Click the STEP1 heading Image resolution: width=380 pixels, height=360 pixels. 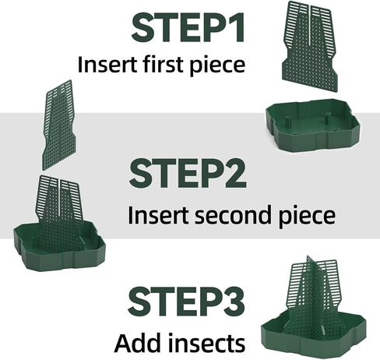[188, 27]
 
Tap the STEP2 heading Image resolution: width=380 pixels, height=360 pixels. [188, 173]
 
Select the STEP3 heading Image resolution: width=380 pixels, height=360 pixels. [186, 302]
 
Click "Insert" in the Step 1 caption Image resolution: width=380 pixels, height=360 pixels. [107, 64]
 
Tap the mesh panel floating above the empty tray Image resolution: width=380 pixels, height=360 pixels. [309, 47]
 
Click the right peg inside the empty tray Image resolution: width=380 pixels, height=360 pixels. [328, 118]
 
